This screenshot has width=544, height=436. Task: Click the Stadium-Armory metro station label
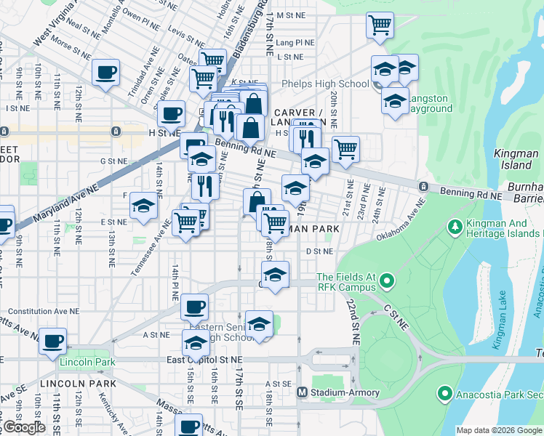click(x=345, y=392)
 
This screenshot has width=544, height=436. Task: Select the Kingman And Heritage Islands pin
click(x=456, y=227)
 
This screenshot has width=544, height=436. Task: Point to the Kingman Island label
click(x=515, y=158)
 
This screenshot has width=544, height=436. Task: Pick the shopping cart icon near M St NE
click(x=380, y=25)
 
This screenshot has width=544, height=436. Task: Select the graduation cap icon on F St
click(x=144, y=206)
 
